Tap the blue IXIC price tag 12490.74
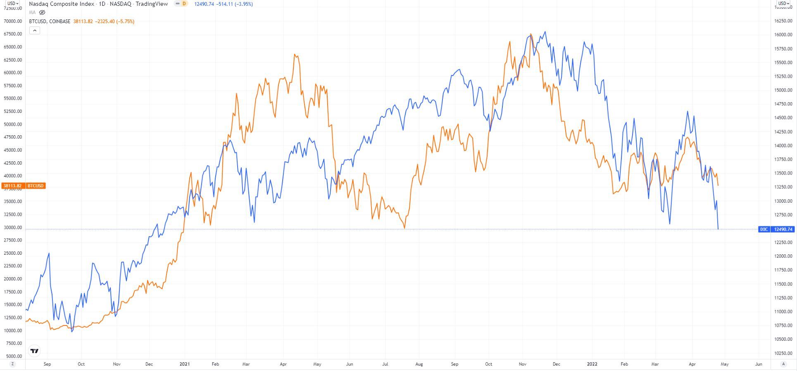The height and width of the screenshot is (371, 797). point(783,229)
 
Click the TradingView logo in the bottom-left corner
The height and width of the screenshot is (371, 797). point(35,351)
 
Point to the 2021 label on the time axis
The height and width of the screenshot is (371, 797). point(184,364)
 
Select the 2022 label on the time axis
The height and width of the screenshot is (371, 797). point(592,364)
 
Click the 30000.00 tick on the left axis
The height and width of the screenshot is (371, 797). point(12,227)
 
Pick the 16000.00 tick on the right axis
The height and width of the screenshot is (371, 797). point(783,35)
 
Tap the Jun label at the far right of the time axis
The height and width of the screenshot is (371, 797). point(759,364)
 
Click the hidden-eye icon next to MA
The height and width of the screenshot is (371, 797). point(42,12)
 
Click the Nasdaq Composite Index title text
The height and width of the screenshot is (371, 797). point(62,4)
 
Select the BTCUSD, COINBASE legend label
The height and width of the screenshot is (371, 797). point(50,22)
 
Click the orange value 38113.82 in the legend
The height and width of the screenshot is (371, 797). point(83,22)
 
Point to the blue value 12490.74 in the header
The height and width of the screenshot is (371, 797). point(205,4)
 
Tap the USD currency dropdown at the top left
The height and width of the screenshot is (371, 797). point(13,3)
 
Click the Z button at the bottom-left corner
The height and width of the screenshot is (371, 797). point(12,364)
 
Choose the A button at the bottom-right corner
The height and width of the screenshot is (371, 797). point(783,364)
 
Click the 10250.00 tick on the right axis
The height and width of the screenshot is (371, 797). point(783,353)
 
